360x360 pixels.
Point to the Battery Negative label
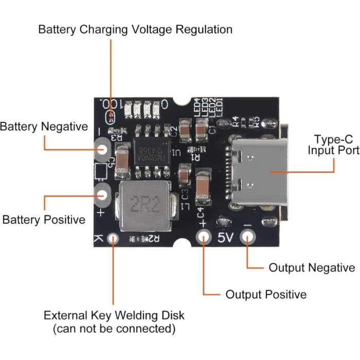pos(44,127)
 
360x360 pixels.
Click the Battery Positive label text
pos(44,220)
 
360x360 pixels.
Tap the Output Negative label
pos(312,268)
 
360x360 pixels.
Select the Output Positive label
pos(266,295)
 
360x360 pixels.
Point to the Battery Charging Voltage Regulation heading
pos(135,29)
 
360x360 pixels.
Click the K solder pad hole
pos(113,238)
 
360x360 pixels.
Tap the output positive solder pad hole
pos(204,237)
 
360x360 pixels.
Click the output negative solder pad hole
pos(248,237)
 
